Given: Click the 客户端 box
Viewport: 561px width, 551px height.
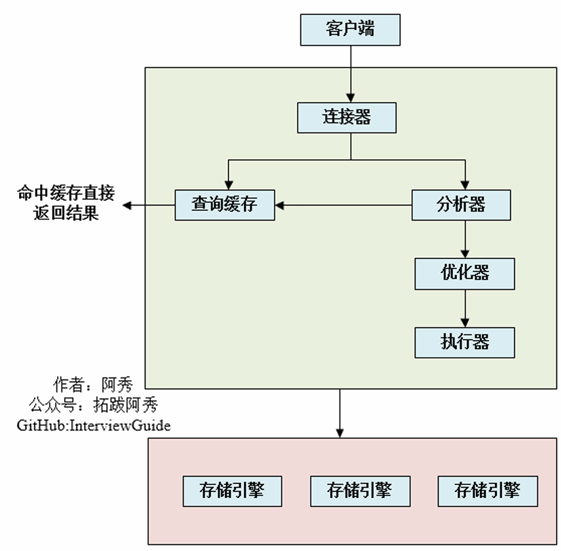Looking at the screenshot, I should click(x=350, y=30).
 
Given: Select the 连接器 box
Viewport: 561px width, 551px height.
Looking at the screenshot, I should click(x=347, y=117).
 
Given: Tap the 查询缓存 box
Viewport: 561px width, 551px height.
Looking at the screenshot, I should click(x=225, y=204).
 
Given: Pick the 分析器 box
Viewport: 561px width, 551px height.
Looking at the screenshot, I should click(x=462, y=204).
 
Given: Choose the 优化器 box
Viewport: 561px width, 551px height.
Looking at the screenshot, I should click(x=465, y=273).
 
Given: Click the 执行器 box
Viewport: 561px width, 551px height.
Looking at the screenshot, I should click(x=465, y=341).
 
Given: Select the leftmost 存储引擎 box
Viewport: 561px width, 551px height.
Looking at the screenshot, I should click(x=233, y=490).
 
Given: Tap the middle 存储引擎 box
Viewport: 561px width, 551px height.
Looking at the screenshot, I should click(x=360, y=490).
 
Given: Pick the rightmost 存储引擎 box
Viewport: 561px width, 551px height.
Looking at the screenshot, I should click(x=488, y=490).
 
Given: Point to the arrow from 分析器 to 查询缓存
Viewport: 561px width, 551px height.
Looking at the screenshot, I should click(x=343, y=204).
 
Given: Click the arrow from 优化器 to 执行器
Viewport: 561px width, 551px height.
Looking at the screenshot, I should click(x=465, y=307).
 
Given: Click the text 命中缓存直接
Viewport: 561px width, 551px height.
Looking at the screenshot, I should click(x=65, y=193).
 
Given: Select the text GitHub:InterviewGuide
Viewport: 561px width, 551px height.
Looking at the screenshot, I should click(x=94, y=425).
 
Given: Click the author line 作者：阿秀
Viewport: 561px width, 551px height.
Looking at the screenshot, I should click(x=93, y=384).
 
